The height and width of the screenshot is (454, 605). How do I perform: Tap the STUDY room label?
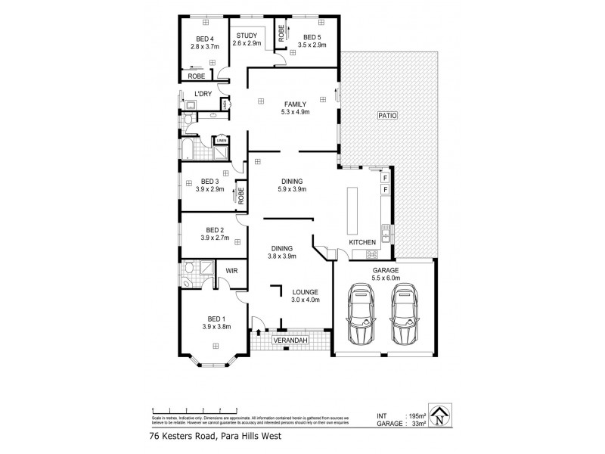click(247, 36)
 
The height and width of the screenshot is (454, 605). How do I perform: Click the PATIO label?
click(389, 115)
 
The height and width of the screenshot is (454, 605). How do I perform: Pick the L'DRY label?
click(202, 94)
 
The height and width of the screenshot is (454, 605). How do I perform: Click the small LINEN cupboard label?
click(222, 140)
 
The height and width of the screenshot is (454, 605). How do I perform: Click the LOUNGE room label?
click(306, 292)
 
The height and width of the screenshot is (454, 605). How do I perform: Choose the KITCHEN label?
click(362, 242)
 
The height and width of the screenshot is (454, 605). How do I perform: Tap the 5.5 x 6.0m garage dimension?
click(384, 278)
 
